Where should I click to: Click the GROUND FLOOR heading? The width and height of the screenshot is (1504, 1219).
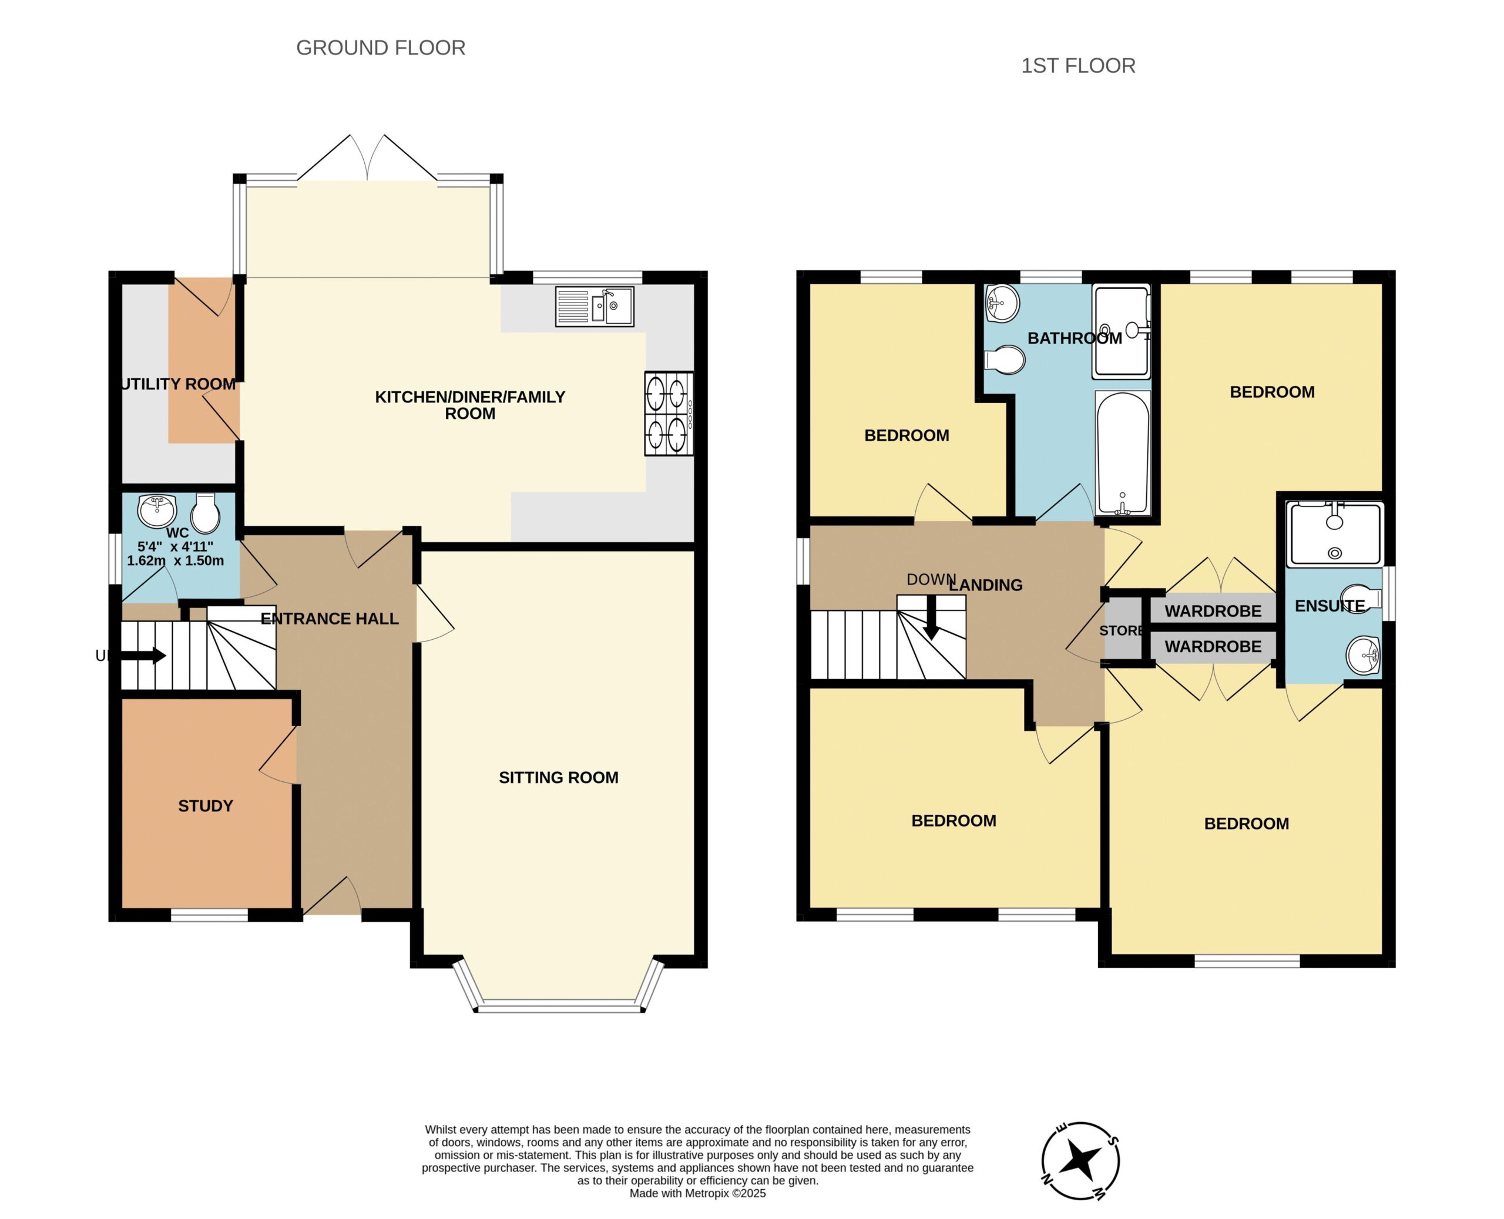(x=381, y=48)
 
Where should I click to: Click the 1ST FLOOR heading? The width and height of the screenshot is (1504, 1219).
(x=1078, y=66)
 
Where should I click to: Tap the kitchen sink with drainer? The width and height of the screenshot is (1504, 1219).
(x=595, y=306)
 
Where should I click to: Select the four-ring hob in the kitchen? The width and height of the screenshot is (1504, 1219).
(x=669, y=414)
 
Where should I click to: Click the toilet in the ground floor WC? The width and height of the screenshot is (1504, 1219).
(x=206, y=513)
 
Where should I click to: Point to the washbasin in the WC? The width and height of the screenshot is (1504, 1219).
(x=157, y=511)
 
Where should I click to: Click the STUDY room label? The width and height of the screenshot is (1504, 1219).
(x=205, y=806)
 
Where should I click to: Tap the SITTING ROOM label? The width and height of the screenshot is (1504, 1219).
(x=558, y=778)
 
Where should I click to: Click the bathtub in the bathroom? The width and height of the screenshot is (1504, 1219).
(x=1123, y=453)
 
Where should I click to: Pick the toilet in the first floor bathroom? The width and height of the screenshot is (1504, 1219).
(x=1005, y=360)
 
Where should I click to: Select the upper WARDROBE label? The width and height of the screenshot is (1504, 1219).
(x=1213, y=611)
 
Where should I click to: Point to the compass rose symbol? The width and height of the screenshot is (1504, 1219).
(x=1080, y=1161)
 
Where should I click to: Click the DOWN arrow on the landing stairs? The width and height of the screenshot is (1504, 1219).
(x=931, y=618)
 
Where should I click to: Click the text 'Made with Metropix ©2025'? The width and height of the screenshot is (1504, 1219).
(x=697, y=1193)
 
